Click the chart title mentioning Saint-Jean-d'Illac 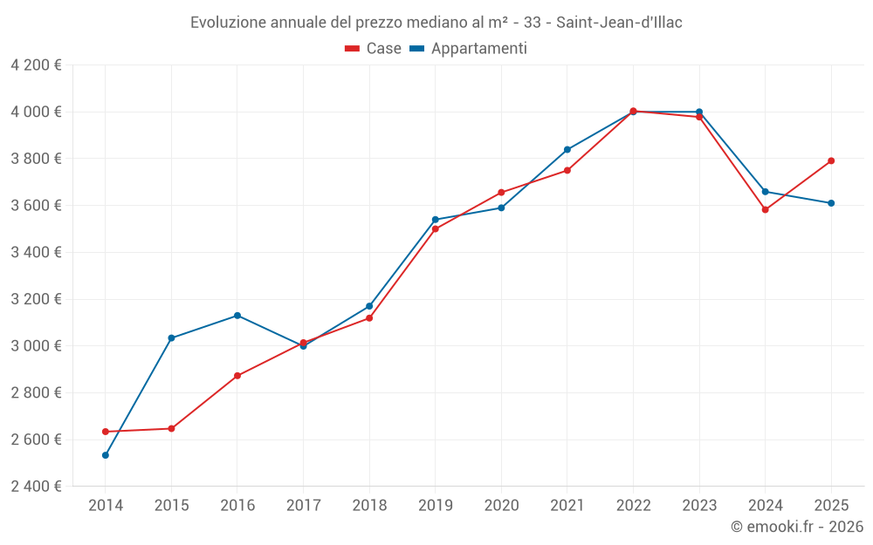coord(436,23)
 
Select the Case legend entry coord(374,49)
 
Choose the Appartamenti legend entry coord(469,49)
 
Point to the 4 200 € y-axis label coord(36,65)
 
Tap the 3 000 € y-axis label coord(36,346)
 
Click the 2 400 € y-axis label coord(36,487)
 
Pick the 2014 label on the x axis coord(106,505)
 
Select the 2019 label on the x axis coord(436,505)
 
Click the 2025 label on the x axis coord(831,505)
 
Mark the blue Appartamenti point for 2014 coord(106,455)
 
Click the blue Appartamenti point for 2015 coord(171,338)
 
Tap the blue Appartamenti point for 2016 coord(237,316)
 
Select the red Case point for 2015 coord(171,429)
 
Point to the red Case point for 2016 coord(237,376)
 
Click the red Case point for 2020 coord(501,193)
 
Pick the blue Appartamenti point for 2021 coord(567,150)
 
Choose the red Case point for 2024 coord(766,210)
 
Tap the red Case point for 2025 coord(831,161)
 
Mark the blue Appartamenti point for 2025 coord(831,203)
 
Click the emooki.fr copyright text coord(797,527)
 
